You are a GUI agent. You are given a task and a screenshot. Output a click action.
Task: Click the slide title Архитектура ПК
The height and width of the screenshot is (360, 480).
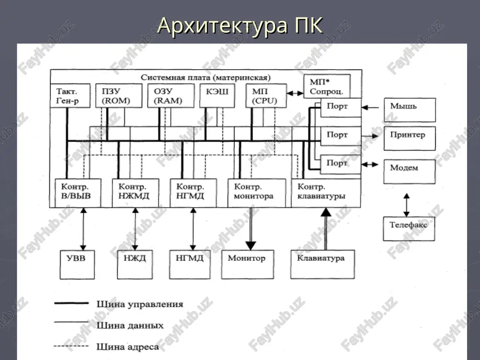pyautogui.click(x=240, y=25)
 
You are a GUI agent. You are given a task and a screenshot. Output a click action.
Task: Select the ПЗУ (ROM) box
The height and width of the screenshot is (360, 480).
pyautogui.click(x=119, y=96)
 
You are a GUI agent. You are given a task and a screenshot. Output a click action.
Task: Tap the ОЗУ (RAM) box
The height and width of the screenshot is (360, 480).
pyautogui.click(x=171, y=96)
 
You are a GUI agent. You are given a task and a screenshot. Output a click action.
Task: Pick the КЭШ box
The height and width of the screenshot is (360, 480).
pyautogui.click(x=217, y=96)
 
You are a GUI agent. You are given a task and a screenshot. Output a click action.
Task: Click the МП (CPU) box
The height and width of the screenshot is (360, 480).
pyautogui.click(x=266, y=96)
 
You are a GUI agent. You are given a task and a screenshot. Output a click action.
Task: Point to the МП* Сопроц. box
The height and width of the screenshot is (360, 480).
pyautogui.click(x=327, y=86)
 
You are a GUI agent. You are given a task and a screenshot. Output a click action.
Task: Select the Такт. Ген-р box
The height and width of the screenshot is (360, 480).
pyautogui.click(x=70, y=96)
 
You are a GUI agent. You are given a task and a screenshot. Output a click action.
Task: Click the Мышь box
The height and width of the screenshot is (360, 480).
pyautogui.click(x=409, y=110)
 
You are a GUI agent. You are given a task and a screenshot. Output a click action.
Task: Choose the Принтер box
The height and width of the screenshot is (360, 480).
pyautogui.click(x=409, y=138)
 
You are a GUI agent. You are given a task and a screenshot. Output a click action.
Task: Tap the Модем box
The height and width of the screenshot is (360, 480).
pyautogui.click(x=409, y=171)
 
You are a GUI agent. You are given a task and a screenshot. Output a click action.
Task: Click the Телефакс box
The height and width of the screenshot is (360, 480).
pyautogui.click(x=409, y=228)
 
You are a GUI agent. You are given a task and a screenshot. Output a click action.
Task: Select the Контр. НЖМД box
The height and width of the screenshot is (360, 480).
pyautogui.click(x=135, y=193)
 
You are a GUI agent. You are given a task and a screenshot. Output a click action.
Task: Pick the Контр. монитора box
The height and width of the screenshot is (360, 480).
pyautogui.click(x=257, y=193)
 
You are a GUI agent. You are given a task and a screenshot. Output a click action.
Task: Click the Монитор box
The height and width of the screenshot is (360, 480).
pyautogui.click(x=247, y=264)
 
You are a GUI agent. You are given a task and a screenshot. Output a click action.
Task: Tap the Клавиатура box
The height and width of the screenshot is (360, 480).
pyautogui.click(x=323, y=264)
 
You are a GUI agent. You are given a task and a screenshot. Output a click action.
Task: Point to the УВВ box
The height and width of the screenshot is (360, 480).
pyautogui.click(x=77, y=264)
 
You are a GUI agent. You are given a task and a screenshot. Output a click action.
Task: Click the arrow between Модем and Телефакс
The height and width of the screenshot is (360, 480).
pyautogui.click(x=407, y=205)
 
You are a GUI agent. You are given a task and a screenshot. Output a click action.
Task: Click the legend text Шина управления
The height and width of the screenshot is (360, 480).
pyautogui.click(x=140, y=304)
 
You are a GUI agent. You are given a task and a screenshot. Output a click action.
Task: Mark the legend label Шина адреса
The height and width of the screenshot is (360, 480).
pyautogui.click(x=128, y=347)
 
